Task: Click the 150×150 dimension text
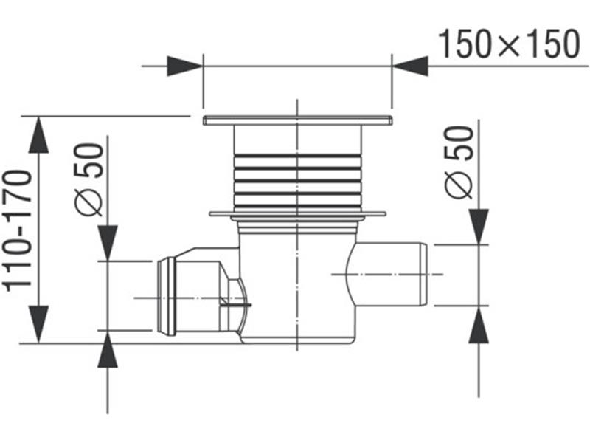click(510, 44)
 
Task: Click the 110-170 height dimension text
click(17, 231)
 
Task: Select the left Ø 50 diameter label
click(88, 179)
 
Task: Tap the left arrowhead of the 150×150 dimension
click(185, 66)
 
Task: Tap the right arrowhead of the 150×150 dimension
click(410, 66)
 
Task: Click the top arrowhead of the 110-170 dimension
click(38, 135)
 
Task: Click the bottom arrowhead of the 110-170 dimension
click(38, 324)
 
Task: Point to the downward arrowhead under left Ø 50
click(108, 243)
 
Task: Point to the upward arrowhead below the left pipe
click(108, 349)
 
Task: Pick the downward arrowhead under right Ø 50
click(479, 227)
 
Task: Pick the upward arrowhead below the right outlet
click(479, 324)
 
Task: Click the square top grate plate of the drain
click(298, 120)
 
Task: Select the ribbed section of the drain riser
click(297, 181)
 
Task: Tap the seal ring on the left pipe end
click(167, 297)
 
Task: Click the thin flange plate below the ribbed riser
click(298, 214)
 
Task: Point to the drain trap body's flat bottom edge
click(297, 342)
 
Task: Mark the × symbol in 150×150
click(510, 45)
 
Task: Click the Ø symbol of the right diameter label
click(458, 185)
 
